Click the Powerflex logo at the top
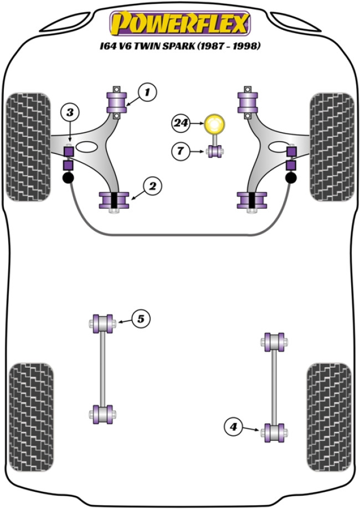[180, 23]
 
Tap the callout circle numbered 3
[70, 113]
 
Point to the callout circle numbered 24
[181, 123]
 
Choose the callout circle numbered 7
[181, 150]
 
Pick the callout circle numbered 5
[141, 318]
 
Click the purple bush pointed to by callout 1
[117, 102]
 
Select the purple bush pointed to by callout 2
[114, 200]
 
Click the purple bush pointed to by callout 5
[102, 322]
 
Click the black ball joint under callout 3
[68, 178]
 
